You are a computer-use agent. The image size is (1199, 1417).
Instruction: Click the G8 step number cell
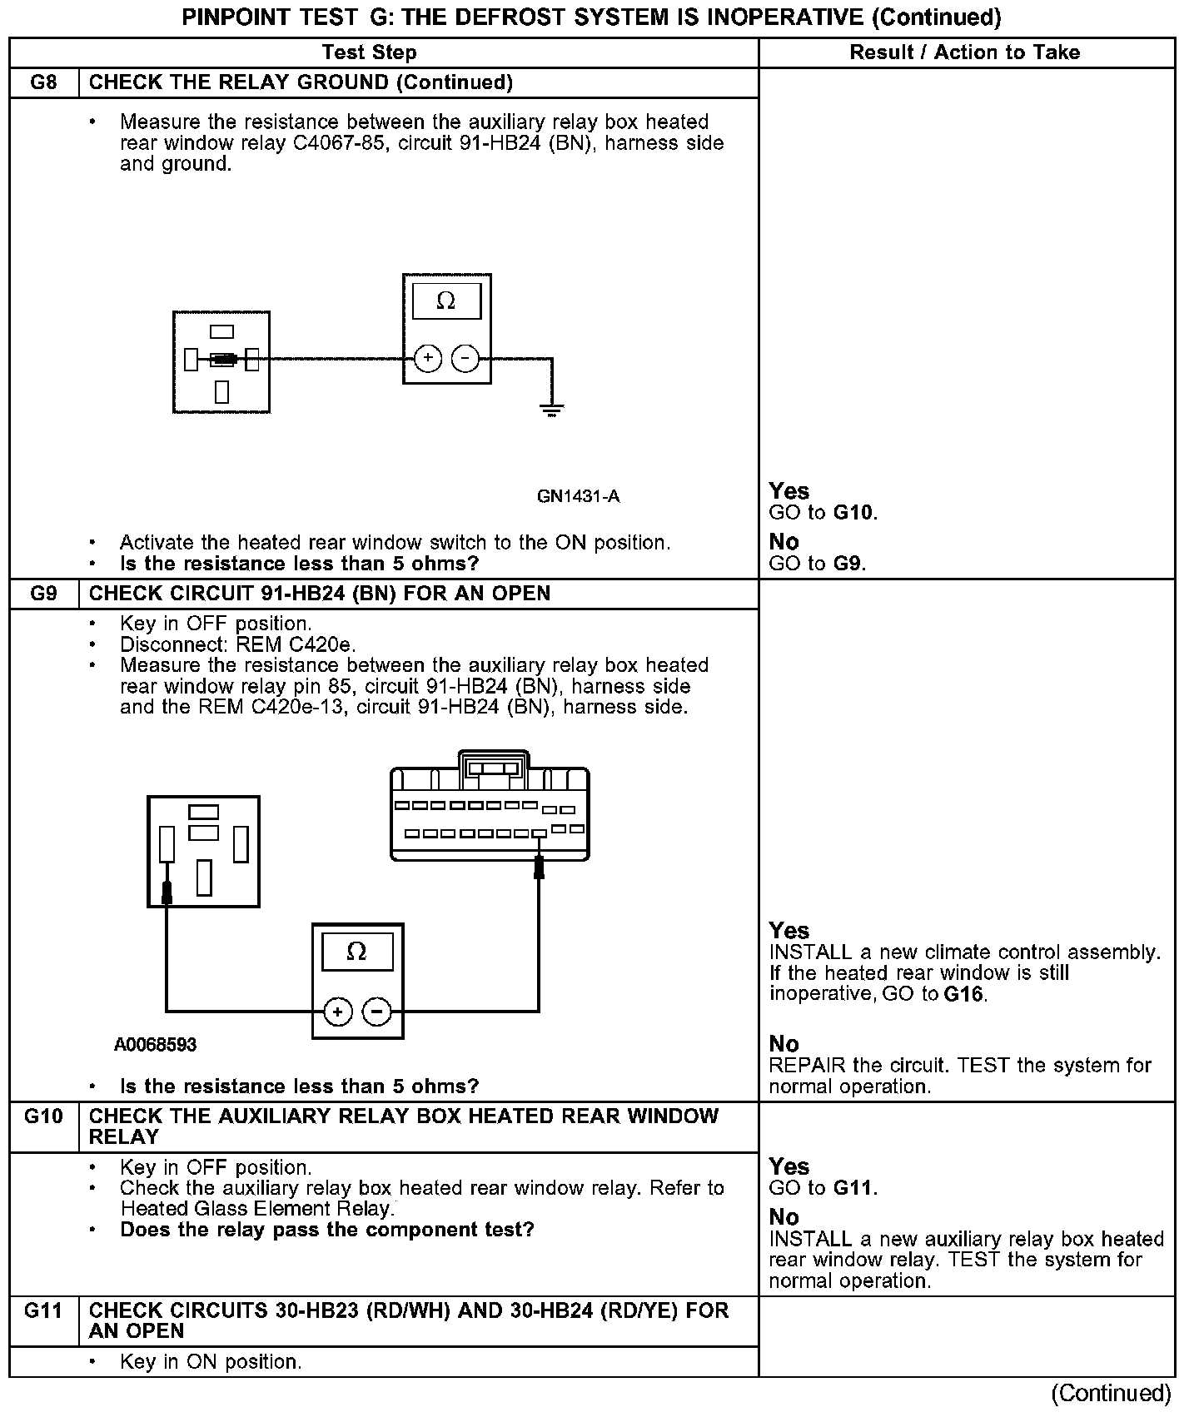click(x=43, y=82)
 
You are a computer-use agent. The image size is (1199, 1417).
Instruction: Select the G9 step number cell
click(x=43, y=594)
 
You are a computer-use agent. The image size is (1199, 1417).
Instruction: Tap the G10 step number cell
click(x=43, y=1116)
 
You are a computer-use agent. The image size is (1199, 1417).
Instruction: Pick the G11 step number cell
click(x=43, y=1311)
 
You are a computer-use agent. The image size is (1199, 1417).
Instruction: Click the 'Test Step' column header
click(x=369, y=52)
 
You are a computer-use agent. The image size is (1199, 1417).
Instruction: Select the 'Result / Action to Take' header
click(x=964, y=52)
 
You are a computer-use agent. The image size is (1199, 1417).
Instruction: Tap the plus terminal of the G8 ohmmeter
click(x=428, y=359)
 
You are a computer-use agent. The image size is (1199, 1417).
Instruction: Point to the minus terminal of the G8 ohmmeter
click(x=465, y=359)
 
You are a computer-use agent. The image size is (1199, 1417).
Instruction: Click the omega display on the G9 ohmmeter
click(x=356, y=952)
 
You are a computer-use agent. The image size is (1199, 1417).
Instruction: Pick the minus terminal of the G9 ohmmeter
click(x=377, y=1012)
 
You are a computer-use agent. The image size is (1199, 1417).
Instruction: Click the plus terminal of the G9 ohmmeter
click(x=338, y=1012)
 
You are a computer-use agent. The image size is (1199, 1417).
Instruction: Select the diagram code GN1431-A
click(x=578, y=497)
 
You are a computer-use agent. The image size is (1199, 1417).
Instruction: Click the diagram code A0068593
click(x=156, y=1044)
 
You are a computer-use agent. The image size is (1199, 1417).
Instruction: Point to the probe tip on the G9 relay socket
click(x=167, y=892)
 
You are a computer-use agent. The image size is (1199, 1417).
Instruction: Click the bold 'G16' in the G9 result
click(x=965, y=994)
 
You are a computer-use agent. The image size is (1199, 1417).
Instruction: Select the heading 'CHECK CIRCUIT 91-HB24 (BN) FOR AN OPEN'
click(x=320, y=594)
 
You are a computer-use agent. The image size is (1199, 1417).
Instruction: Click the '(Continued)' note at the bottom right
click(x=1111, y=1393)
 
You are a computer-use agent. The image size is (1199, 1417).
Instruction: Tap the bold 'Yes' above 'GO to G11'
click(x=789, y=1166)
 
